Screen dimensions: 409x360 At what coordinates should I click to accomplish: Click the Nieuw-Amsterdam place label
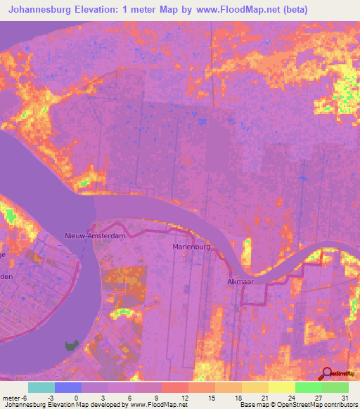point(95,236)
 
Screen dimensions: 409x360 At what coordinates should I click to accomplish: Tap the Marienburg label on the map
point(192,247)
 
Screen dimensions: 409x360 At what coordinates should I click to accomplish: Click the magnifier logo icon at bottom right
point(327,374)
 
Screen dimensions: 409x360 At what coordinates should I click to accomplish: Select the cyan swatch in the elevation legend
point(41,387)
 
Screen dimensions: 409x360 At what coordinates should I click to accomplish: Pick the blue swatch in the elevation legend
point(68,387)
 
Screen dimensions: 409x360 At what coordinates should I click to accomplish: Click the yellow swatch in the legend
point(281,387)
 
